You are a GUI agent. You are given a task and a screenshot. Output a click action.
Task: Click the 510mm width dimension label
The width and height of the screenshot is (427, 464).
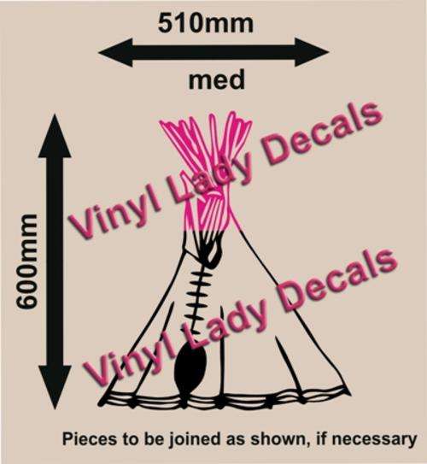click(x=206, y=24)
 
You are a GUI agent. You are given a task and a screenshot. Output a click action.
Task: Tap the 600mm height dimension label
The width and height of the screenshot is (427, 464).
click(x=27, y=261)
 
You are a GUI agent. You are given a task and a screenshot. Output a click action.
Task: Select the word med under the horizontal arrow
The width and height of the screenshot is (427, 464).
click(x=217, y=80)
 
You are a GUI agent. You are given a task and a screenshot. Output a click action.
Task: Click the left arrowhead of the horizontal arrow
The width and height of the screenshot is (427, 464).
click(x=115, y=53)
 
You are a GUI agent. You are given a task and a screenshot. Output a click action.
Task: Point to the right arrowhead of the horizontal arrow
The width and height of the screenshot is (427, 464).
click(x=313, y=52)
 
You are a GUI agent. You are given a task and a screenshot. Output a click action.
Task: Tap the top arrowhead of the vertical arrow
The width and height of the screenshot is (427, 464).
click(x=55, y=136)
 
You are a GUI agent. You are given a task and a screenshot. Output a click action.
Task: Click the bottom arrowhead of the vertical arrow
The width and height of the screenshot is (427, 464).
click(x=55, y=387)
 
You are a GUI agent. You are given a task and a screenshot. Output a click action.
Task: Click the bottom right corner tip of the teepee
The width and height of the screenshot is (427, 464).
click(x=351, y=395)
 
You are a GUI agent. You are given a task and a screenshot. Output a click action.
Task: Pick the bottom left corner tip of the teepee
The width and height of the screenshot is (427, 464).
click(x=99, y=404)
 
